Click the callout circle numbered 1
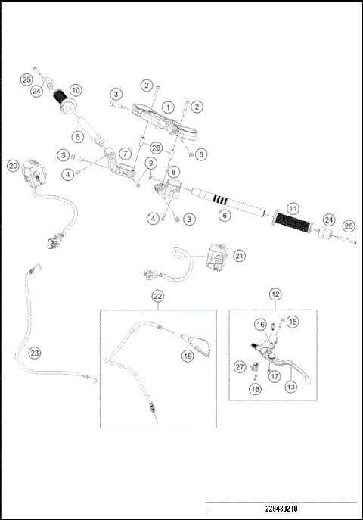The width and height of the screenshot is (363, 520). coord(168,107)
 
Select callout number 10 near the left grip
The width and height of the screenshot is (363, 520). coord(75,90)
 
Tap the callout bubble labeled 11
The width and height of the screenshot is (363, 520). coord(293,208)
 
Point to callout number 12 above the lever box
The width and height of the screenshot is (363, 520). coord(275,293)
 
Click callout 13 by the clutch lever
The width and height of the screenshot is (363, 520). coord(288,386)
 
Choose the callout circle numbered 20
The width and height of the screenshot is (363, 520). coord(12,166)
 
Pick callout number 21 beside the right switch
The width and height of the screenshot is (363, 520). coord(239,256)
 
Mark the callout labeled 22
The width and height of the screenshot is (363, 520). coord(157,296)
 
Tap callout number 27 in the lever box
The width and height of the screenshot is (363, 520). coord(240,366)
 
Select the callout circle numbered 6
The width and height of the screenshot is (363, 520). coord(223,216)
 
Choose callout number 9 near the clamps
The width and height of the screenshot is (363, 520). coord(151,163)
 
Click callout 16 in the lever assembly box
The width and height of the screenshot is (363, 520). coord(259,325)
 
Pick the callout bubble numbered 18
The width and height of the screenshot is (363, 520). coord(254,390)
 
